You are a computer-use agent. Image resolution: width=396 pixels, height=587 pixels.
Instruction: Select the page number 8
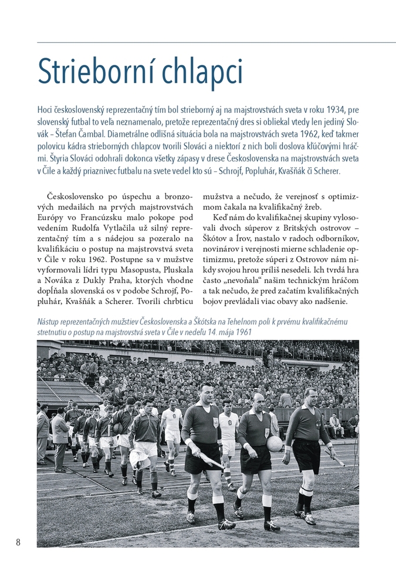(x=18, y=542)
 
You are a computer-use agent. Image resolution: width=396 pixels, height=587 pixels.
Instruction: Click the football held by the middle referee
(x=274, y=444)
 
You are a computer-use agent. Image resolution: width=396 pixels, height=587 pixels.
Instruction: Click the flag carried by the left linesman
(x=211, y=461)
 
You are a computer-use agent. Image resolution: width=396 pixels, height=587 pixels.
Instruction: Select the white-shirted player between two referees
(x=229, y=429)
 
